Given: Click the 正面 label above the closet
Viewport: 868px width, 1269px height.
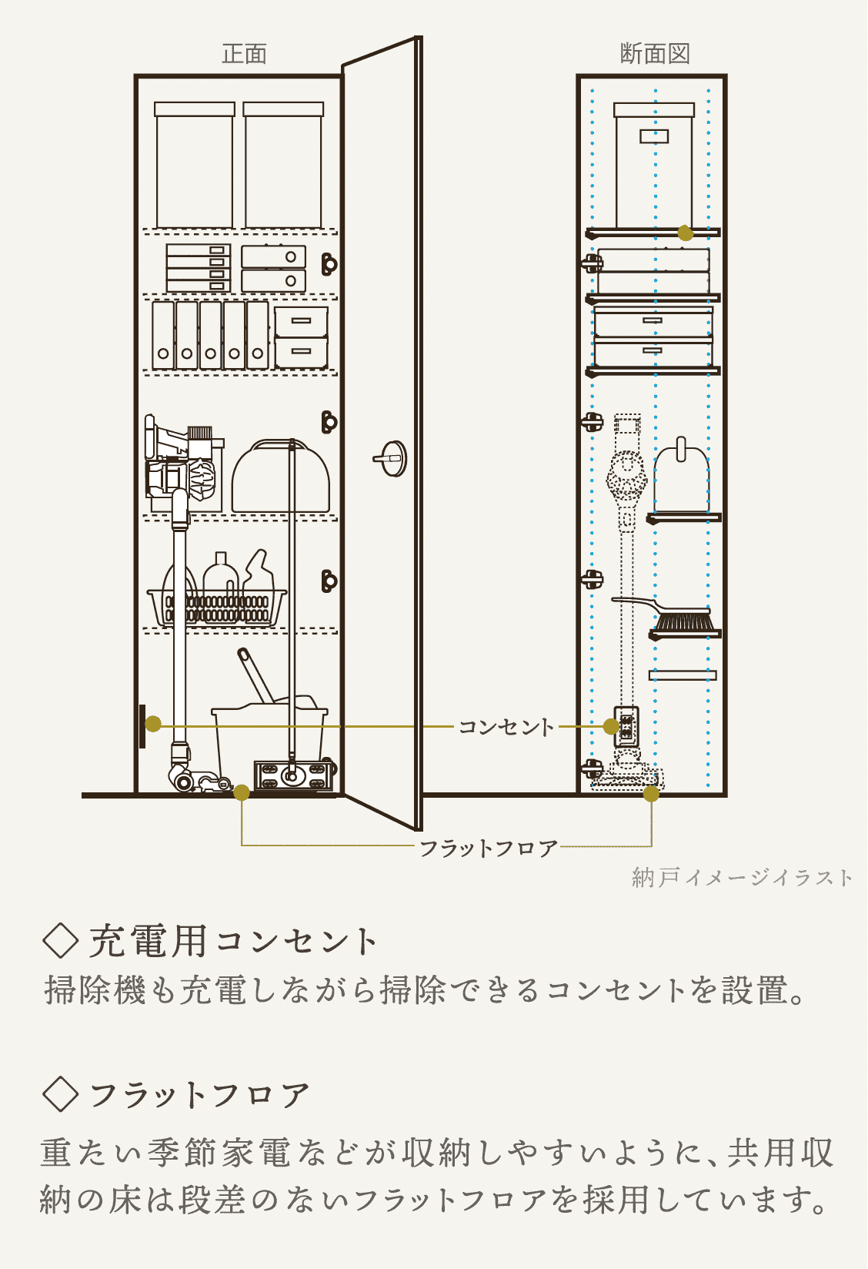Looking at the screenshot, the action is click(244, 54).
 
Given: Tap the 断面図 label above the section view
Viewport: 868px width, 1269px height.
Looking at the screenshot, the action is click(655, 54).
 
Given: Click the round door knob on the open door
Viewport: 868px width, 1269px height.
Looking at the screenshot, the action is click(391, 457).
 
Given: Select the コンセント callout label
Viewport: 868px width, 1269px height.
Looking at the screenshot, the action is click(506, 727).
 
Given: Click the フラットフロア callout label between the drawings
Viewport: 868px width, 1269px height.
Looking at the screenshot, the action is click(488, 848).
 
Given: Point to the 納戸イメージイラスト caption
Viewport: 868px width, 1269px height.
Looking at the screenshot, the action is click(742, 878).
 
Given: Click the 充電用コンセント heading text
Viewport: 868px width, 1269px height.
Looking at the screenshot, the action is click(232, 942).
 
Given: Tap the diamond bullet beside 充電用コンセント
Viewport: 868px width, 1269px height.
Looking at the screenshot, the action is click(60, 941).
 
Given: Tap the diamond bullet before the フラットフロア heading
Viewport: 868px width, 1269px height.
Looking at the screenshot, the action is click(60, 1094).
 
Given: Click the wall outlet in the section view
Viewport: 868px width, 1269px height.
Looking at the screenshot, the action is click(627, 726).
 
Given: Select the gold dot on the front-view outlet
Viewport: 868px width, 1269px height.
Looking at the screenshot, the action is click(153, 724).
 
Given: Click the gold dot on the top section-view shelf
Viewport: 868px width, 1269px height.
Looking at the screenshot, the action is click(685, 233).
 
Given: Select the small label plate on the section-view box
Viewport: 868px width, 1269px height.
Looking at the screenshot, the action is click(654, 136).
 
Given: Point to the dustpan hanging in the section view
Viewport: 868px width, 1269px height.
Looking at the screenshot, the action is click(681, 475).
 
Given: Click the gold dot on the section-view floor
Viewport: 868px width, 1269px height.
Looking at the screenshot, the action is click(651, 794).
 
